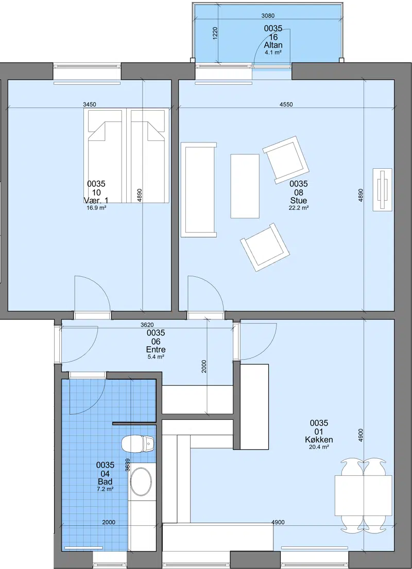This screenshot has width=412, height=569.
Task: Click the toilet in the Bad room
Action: point(138,443)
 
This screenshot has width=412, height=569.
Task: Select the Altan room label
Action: point(273,46)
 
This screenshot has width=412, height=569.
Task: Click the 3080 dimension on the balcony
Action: point(268,15)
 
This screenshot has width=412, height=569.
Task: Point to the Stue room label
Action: point(298,200)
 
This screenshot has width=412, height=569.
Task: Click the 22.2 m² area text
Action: point(299,208)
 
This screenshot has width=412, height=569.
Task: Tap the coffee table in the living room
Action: point(245,186)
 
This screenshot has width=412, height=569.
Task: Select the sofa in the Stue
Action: point(199,190)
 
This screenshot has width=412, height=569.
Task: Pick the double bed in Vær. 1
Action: point(127,156)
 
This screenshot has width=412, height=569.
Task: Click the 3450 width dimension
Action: point(90,104)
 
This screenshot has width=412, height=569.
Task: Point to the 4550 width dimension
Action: point(286,104)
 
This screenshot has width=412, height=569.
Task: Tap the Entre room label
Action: point(156,349)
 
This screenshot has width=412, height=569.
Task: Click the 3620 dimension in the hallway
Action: point(147,325)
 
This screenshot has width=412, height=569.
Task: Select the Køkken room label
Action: point(319,440)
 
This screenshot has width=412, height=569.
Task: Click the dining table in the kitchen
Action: point(363,495)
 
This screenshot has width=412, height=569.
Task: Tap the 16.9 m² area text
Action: point(96,208)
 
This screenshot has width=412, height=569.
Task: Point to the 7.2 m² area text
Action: point(105,489)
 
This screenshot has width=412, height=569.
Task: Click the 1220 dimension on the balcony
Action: point(215,33)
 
